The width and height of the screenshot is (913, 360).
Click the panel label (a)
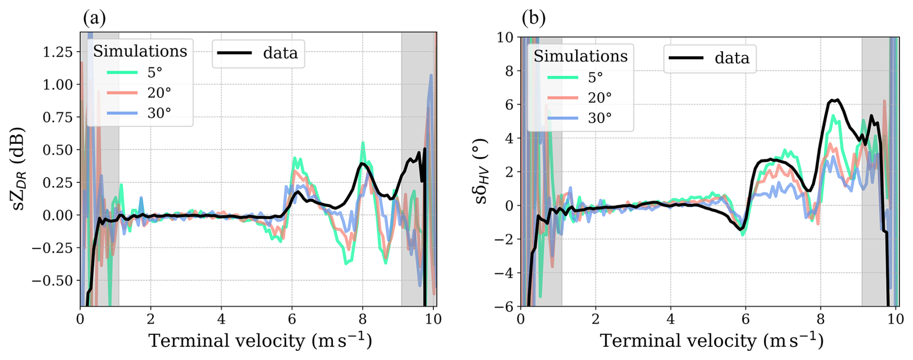point(94,19)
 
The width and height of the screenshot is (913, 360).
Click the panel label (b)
point(534,18)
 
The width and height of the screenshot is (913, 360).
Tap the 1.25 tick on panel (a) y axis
point(57,52)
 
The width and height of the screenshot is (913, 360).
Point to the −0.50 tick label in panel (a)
point(53,281)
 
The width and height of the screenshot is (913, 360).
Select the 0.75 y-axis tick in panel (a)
point(57,117)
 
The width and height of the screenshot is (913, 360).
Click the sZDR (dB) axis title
point(18,169)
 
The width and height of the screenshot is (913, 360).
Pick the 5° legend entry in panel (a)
point(154,72)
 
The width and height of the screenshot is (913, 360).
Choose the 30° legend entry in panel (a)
point(159,113)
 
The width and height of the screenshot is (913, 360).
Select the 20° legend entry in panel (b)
point(599,97)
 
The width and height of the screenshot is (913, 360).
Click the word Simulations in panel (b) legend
point(580,56)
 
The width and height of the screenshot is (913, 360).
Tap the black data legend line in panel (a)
point(235,53)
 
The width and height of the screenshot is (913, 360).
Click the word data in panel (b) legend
point(732,58)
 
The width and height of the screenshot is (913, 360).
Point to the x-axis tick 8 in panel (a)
point(362,319)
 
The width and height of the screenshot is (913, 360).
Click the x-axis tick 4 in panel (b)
point(670,319)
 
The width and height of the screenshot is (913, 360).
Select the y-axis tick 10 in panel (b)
point(505,38)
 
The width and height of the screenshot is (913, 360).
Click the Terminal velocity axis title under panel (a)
point(260,341)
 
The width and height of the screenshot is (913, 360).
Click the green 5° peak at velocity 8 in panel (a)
point(363,143)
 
